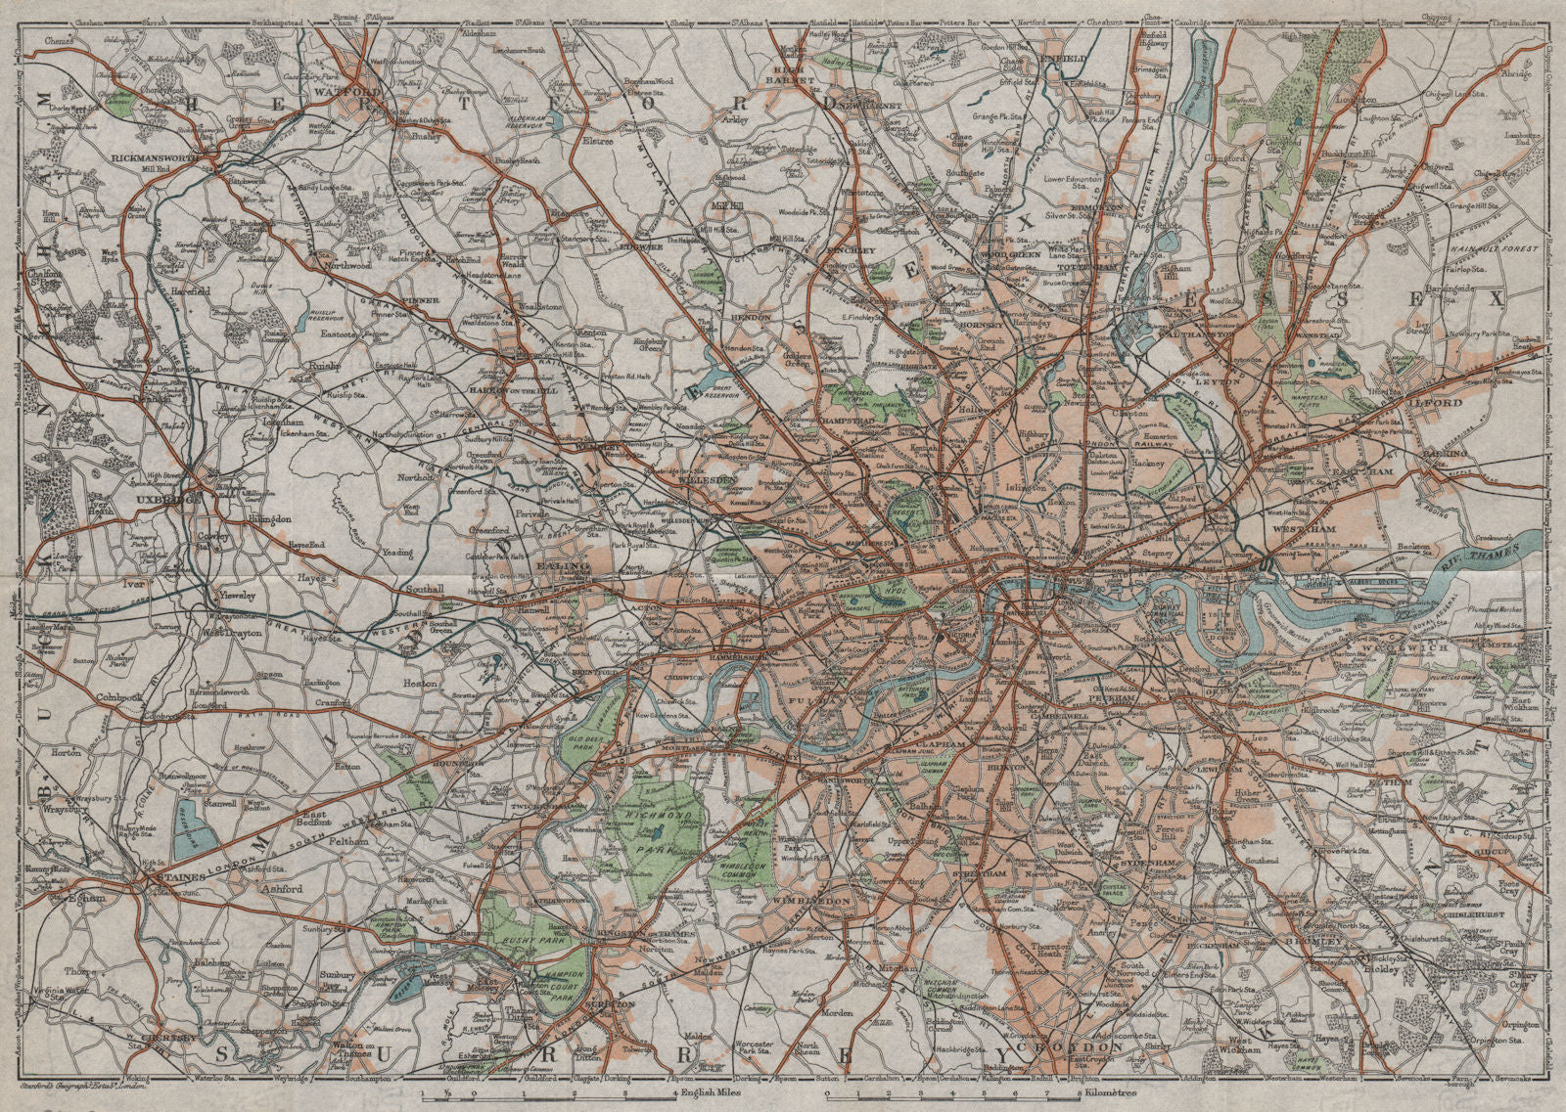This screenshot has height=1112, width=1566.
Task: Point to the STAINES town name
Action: pos(176,881)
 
